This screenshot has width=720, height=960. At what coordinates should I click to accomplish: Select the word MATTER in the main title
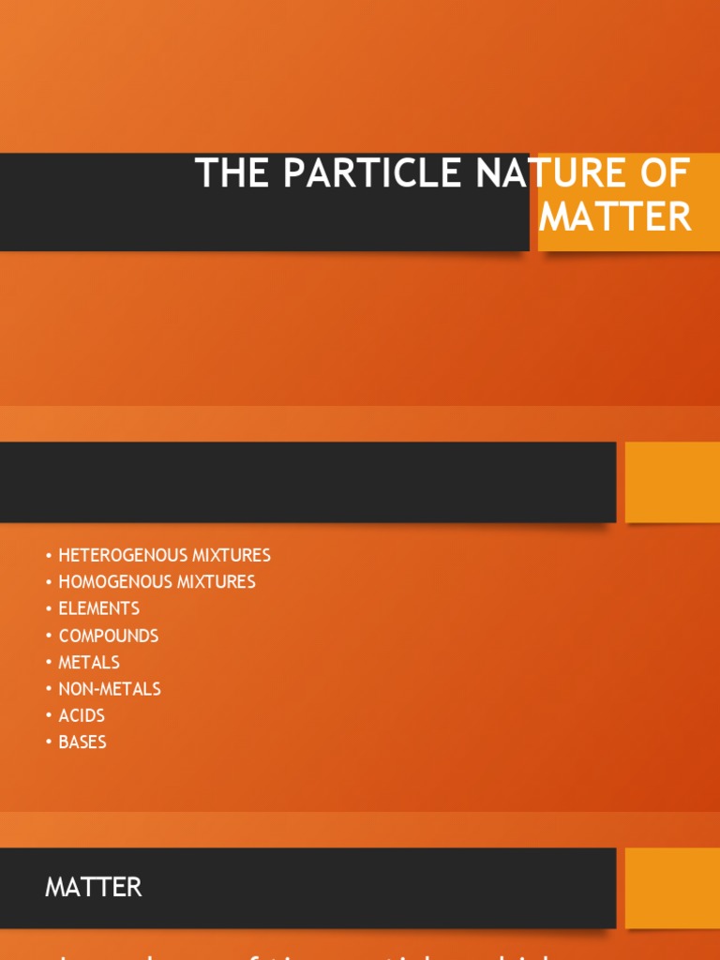[615, 217]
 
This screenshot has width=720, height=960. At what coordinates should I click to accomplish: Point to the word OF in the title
[667, 174]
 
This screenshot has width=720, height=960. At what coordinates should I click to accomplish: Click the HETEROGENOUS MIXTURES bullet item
[164, 555]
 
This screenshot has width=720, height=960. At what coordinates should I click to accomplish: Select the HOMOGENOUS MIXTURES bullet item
[157, 582]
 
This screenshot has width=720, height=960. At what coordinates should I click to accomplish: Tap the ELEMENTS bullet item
[98, 608]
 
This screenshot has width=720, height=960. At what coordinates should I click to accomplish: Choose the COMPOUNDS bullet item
[108, 636]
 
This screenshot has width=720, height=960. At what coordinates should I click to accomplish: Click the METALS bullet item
[89, 662]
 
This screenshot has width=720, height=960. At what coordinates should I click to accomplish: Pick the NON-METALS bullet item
[110, 689]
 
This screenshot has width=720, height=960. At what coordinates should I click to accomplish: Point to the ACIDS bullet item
[82, 715]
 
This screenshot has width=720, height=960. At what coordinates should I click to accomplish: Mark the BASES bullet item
[82, 742]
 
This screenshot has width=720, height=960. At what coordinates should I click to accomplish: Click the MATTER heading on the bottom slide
[93, 887]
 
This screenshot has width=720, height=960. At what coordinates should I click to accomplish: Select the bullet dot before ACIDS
[48, 716]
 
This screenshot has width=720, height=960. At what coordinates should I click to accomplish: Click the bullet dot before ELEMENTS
[48, 609]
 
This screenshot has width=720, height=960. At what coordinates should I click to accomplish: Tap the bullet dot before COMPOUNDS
[48, 637]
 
